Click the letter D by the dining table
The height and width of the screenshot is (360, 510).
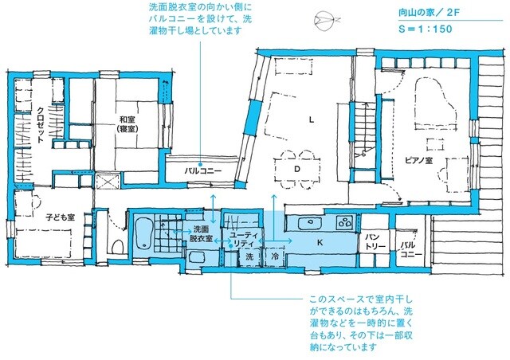click(x=296, y=170)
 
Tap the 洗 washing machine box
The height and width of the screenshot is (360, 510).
click(x=249, y=257)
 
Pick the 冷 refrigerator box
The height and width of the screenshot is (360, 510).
click(x=273, y=257)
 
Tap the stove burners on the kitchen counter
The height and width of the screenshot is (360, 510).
click(x=344, y=222)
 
